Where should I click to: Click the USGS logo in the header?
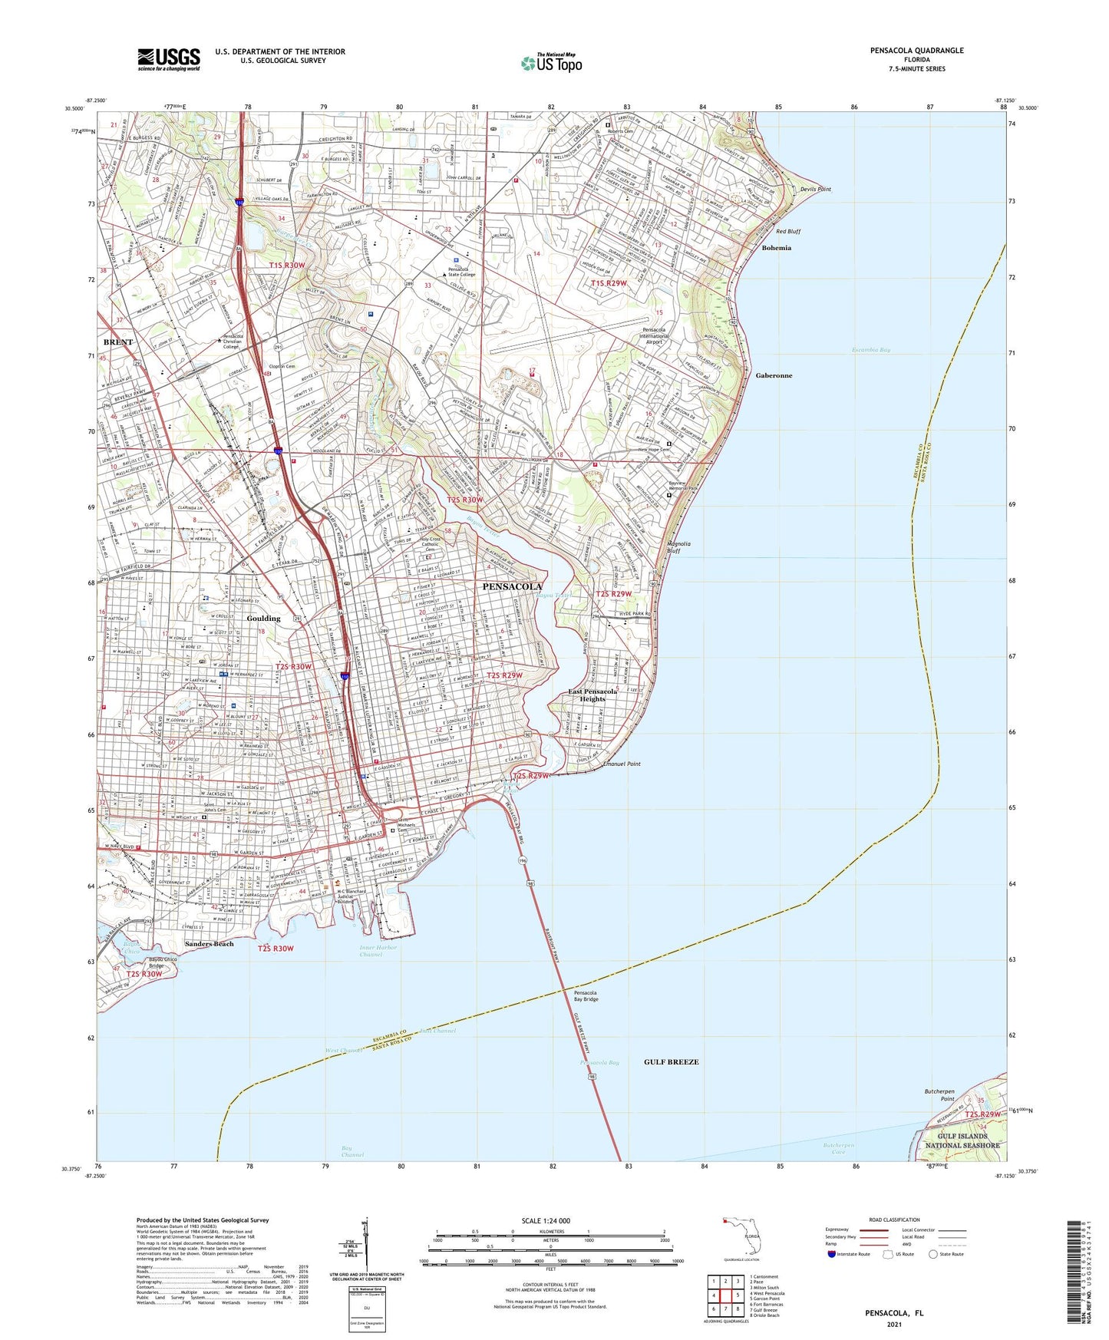pos(169,59)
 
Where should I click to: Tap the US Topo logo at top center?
pos(551,62)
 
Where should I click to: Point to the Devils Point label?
pos(815,189)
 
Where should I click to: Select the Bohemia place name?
pos(776,248)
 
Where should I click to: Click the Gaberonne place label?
pos(774,375)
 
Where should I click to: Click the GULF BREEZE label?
pos(671,1061)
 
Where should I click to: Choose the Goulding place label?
pos(263,618)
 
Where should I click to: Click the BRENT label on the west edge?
pos(118,342)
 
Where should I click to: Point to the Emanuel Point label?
pos(622,764)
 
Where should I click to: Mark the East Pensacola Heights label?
pos(592,695)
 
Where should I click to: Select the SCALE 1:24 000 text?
pos(549,1220)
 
